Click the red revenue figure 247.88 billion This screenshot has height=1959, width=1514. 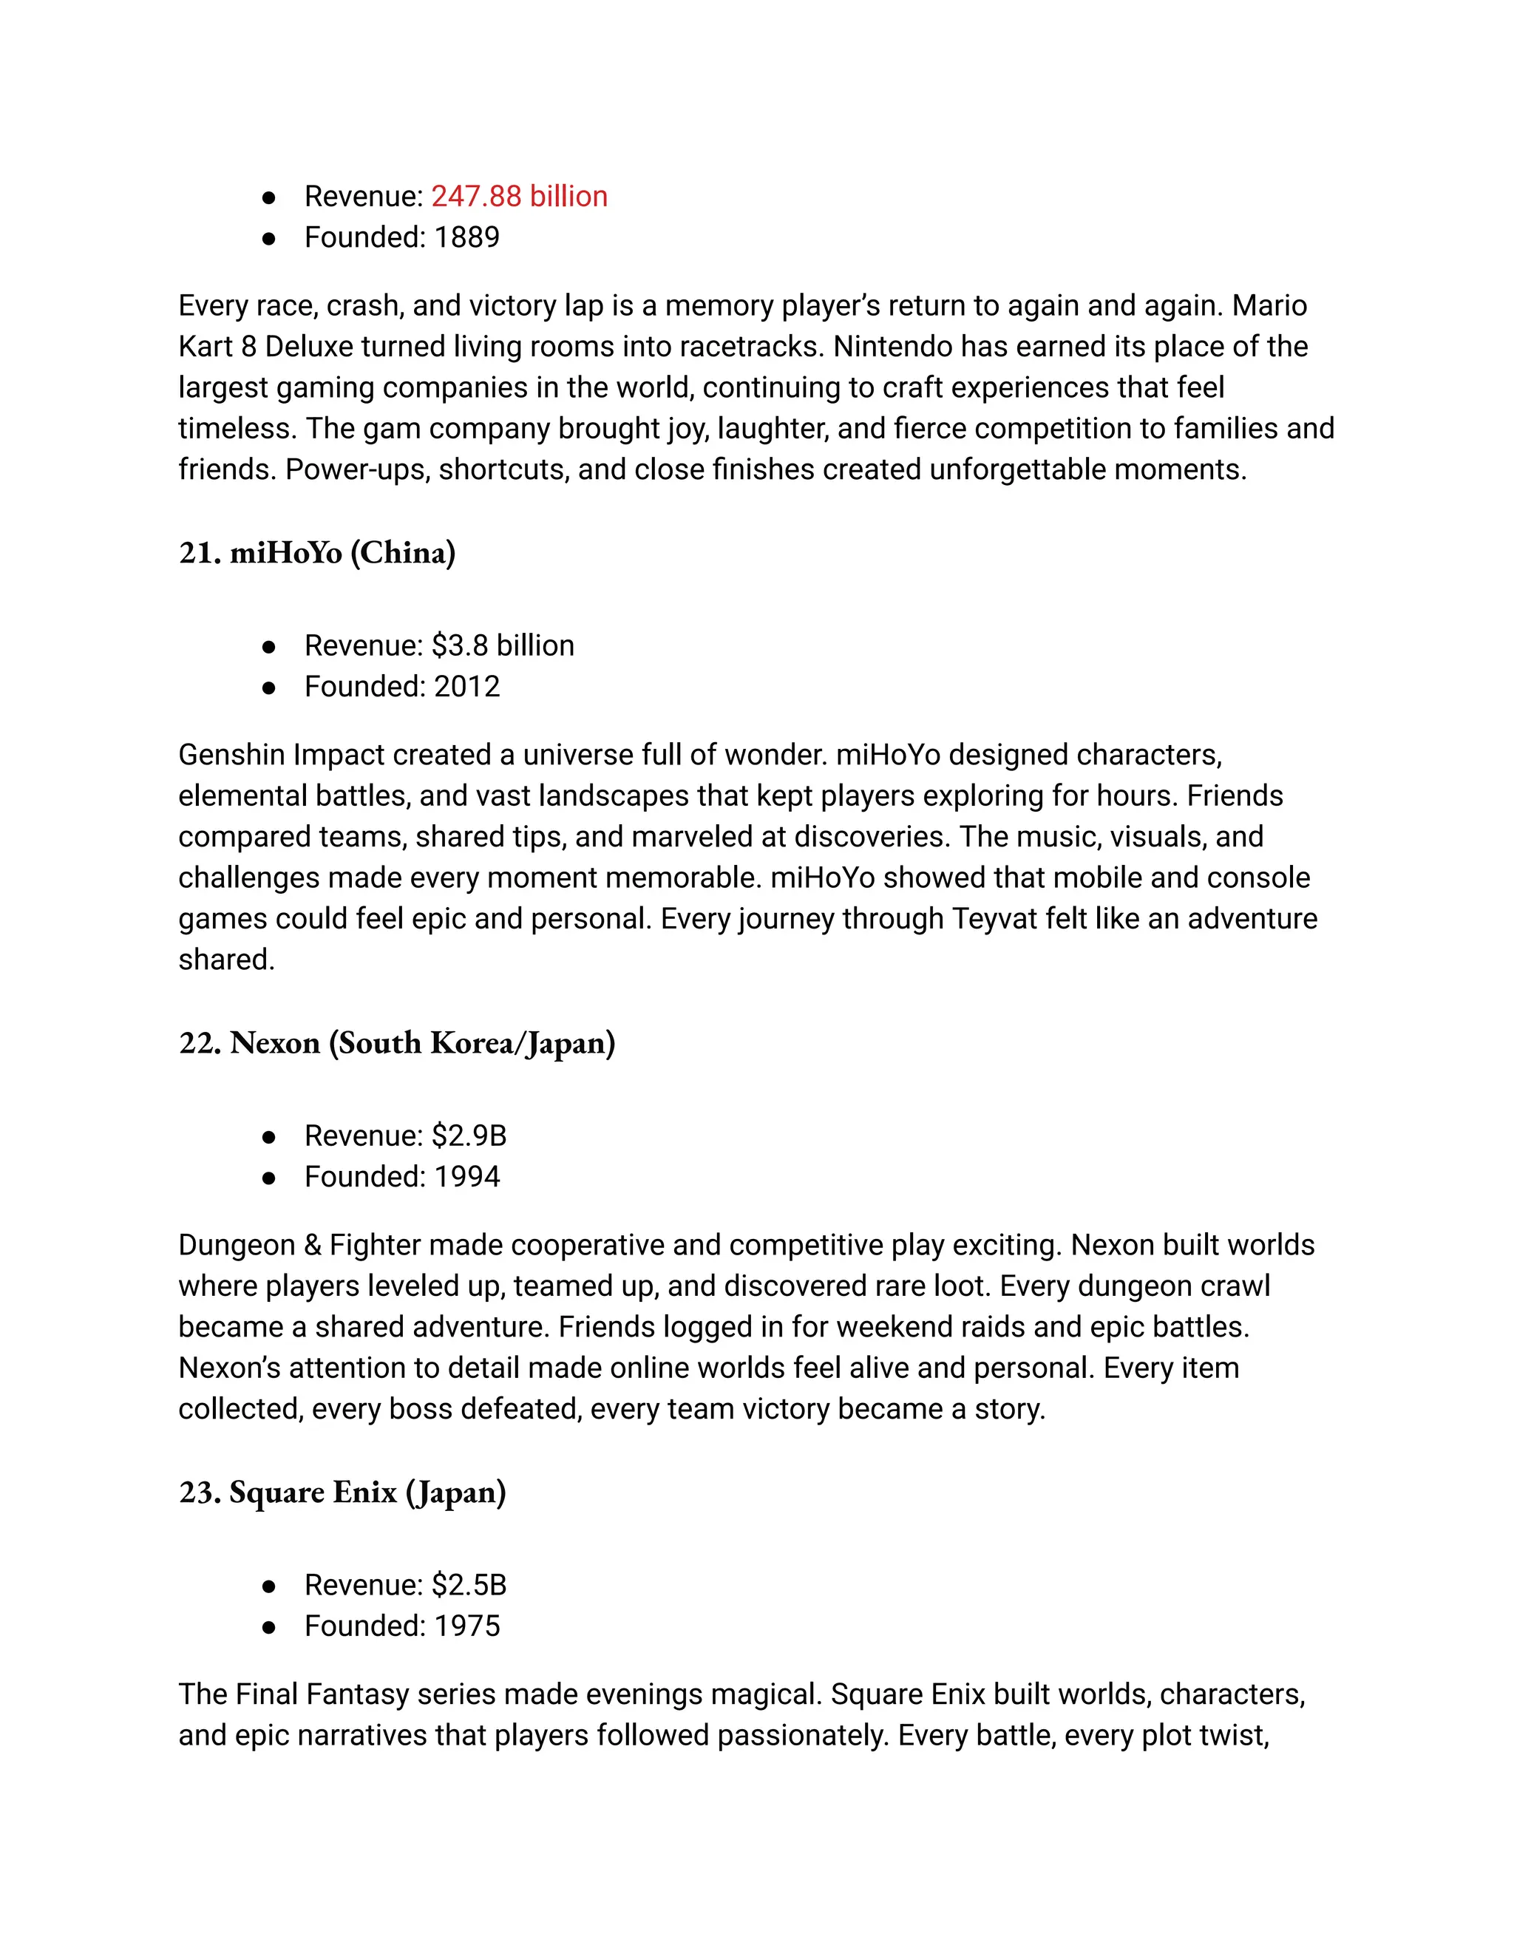(518, 197)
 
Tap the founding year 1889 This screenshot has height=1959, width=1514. (466, 238)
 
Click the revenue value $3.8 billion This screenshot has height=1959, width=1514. (502, 646)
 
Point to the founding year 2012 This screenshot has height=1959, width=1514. (466, 687)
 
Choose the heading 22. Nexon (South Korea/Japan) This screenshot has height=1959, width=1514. (396, 1043)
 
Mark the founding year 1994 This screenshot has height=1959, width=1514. (466, 1177)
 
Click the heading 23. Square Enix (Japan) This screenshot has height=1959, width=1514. (342, 1493)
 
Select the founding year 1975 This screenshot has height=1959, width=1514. (466, 1626)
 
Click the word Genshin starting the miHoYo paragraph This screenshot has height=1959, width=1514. (231, 756)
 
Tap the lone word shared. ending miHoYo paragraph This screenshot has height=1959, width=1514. (226, 960)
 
